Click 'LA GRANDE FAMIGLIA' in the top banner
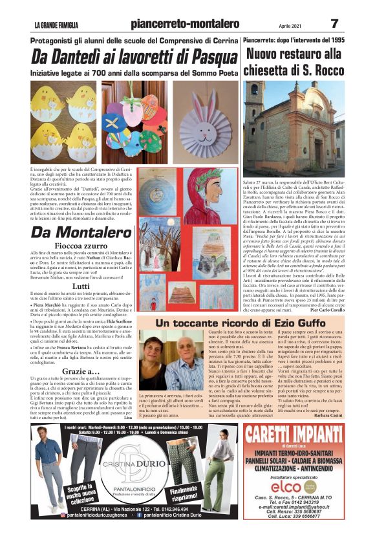57,25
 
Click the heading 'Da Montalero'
72,232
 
